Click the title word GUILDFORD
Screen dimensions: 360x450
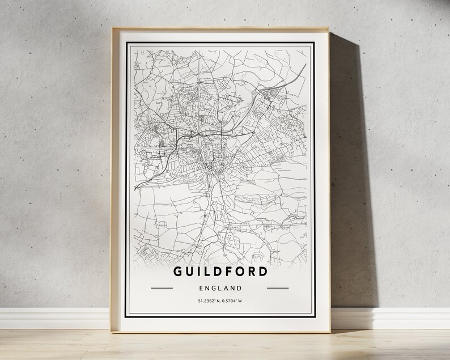click(220, 271)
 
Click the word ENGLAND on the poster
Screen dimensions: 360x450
click(220, 288)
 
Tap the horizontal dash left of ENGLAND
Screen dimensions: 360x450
click(162, 288)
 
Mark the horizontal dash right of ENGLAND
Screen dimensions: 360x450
click(278, 288)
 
